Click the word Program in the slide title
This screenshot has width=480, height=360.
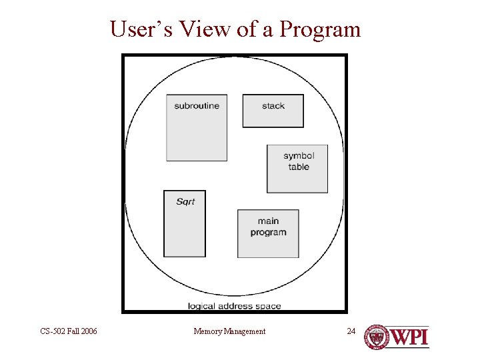[x=321, y=30]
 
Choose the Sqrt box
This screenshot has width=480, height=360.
[x=185, y=230]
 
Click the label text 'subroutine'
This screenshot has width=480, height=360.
[x=197, y=105]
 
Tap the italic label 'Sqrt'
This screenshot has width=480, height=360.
[x=185, y=201]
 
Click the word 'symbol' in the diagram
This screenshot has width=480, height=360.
[x=299, y=156]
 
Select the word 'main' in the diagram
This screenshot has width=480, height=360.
[x=268, y=221]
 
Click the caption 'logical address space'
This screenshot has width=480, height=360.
[x=234, y=306]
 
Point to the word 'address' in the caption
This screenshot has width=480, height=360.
[x=235, y=306]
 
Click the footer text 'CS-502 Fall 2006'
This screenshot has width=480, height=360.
[x=69, y=331]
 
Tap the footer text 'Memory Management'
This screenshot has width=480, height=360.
[x=229, y=331]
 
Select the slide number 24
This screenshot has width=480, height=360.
[x=352, y=331]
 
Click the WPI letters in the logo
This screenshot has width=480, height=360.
[x=409, y=337]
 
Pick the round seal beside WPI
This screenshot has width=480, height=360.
[x=376, y=337]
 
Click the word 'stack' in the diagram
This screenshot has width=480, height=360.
[x=273, y=105]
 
